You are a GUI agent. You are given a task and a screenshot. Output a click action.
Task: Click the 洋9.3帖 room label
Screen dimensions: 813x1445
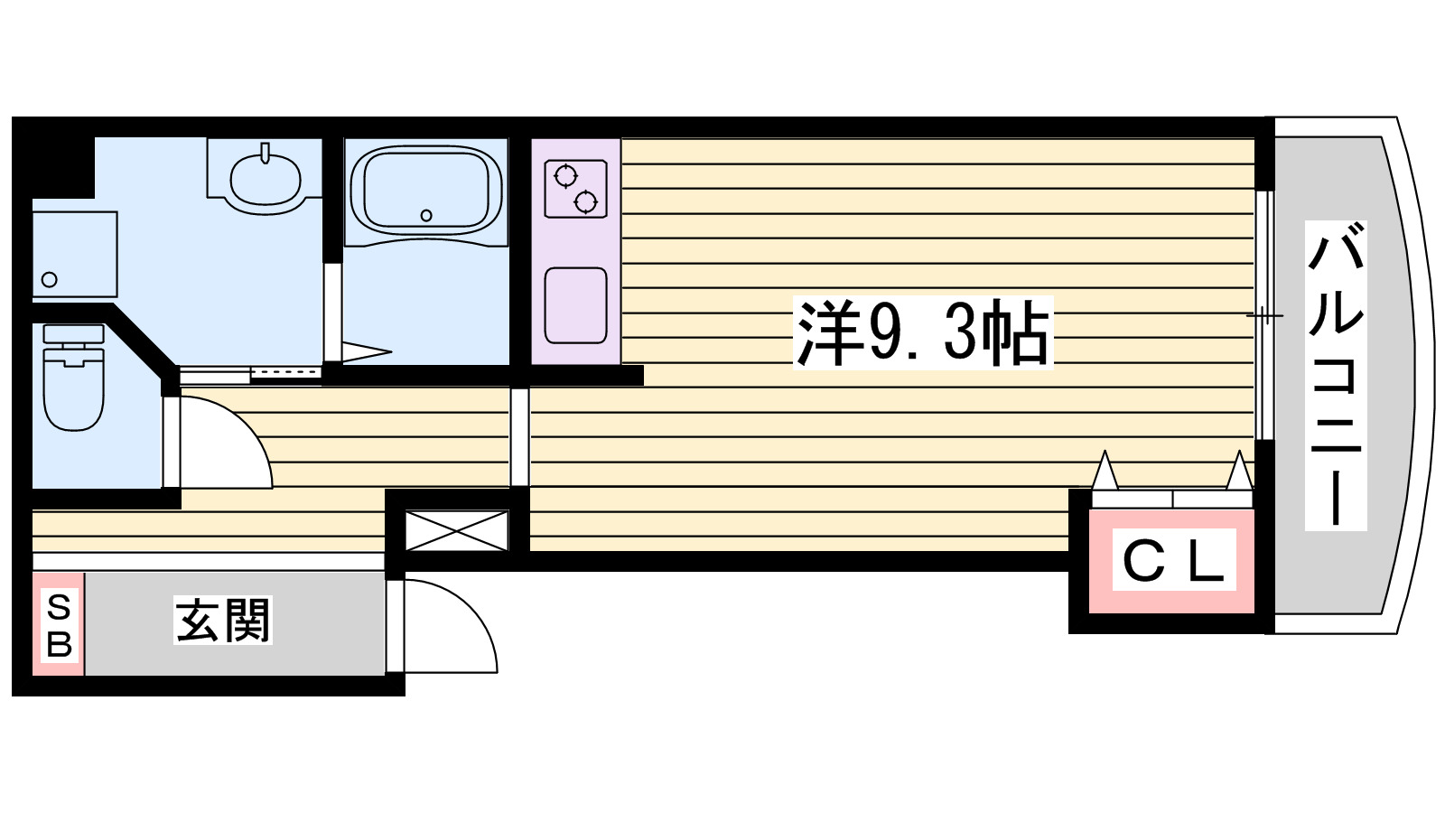tap(922, 333)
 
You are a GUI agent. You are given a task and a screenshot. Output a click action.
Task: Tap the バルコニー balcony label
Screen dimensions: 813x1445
tap(1336, 375)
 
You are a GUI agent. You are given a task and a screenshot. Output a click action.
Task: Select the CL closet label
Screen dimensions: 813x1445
tap(1172, 561)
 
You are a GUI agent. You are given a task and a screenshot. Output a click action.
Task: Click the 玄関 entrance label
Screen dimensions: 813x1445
tap(223, 621)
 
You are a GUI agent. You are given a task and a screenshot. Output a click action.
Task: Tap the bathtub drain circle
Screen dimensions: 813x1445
tap(426, 215)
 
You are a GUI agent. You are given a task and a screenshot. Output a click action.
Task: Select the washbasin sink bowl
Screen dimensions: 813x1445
tap(266, 179)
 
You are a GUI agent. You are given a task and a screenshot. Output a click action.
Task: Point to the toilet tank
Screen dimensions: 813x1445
tap(73, 333)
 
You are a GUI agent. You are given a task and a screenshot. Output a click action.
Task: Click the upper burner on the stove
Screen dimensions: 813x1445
tap(566, 175)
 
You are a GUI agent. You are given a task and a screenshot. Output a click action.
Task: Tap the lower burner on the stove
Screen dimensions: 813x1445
tap(586, 201)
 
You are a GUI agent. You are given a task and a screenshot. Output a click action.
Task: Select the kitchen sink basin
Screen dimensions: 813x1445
tap(575, 305)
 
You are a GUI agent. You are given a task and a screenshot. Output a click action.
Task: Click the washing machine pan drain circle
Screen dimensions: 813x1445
tap(50, 279)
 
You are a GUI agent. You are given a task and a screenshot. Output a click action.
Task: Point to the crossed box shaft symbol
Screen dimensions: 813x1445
tap(456, 530)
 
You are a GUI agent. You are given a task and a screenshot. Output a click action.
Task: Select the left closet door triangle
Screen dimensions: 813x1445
tap(1105, 471)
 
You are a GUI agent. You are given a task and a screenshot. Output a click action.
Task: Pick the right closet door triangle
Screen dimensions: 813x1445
tap(1239, 471)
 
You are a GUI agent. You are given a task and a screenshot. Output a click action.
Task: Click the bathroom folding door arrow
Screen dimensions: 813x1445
tap(366, 351)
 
